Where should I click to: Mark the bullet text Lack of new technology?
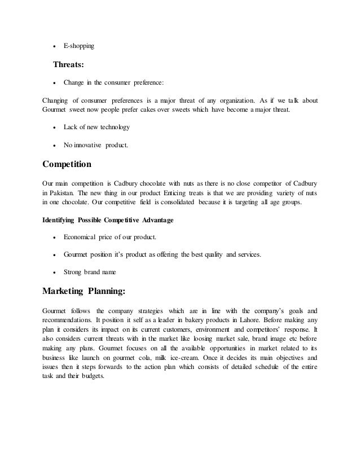(96, 128)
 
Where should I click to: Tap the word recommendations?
(72, 320)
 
